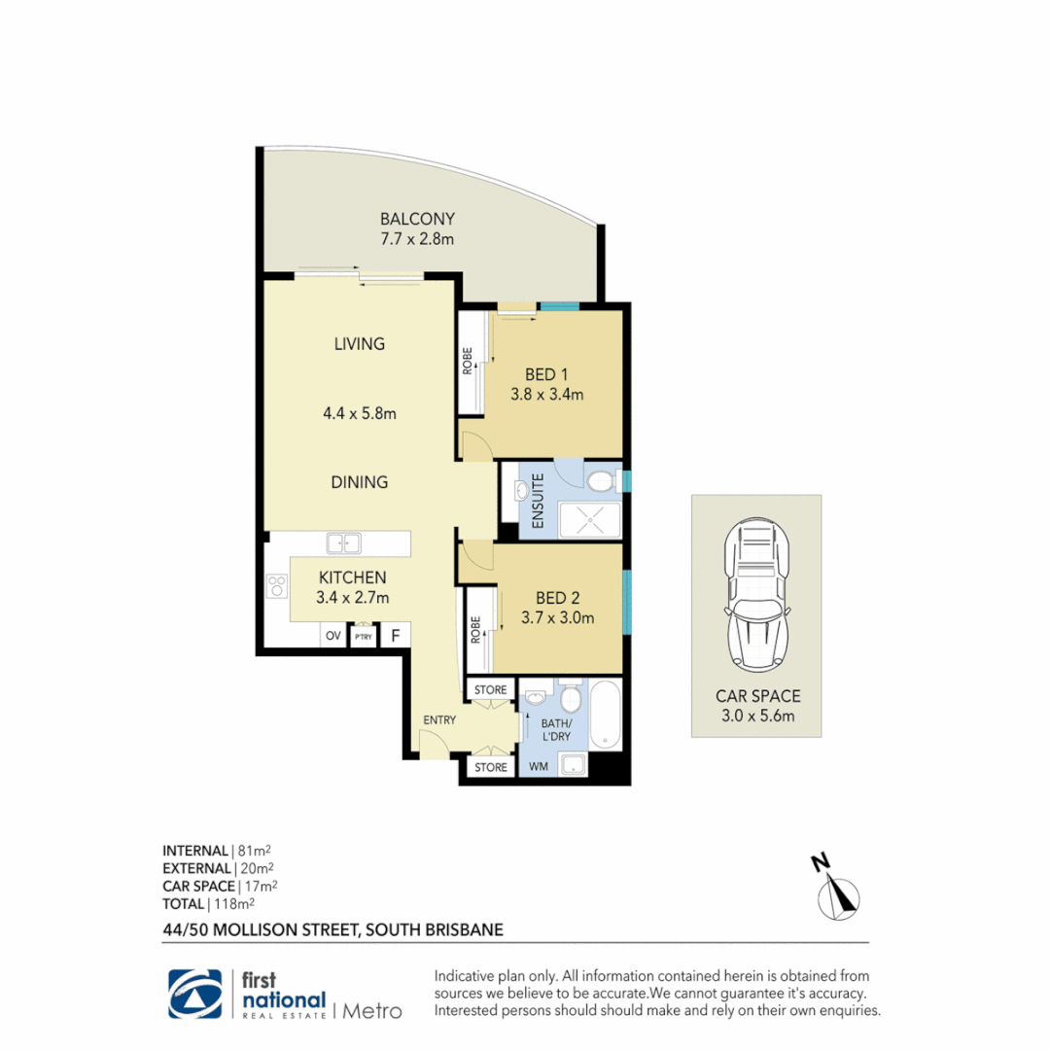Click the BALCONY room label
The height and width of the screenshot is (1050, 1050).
[x=417, y=219]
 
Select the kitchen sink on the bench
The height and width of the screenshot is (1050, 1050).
[x=343, y=543]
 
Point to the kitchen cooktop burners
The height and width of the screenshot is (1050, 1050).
[x=277, y=586]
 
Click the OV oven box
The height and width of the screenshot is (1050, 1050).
[x=332, y=637]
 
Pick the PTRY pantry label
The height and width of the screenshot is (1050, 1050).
[x=363, y=637]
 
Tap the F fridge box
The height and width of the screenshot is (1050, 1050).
[x=395, y=637]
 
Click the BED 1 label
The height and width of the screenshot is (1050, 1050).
[x=545, y=374]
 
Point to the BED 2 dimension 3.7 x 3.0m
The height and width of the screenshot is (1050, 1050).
[x=557, y=617]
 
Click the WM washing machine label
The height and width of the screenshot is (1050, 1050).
[x=538, y=767]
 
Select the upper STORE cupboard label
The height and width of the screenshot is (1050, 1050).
[x=491, y=690]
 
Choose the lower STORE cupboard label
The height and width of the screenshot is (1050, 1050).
[x=491, y=767]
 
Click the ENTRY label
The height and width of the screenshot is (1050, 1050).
[x=439, y=719]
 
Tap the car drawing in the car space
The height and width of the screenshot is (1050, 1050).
[x=755, y=594]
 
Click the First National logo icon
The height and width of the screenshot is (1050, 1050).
[x=195, y=994]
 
